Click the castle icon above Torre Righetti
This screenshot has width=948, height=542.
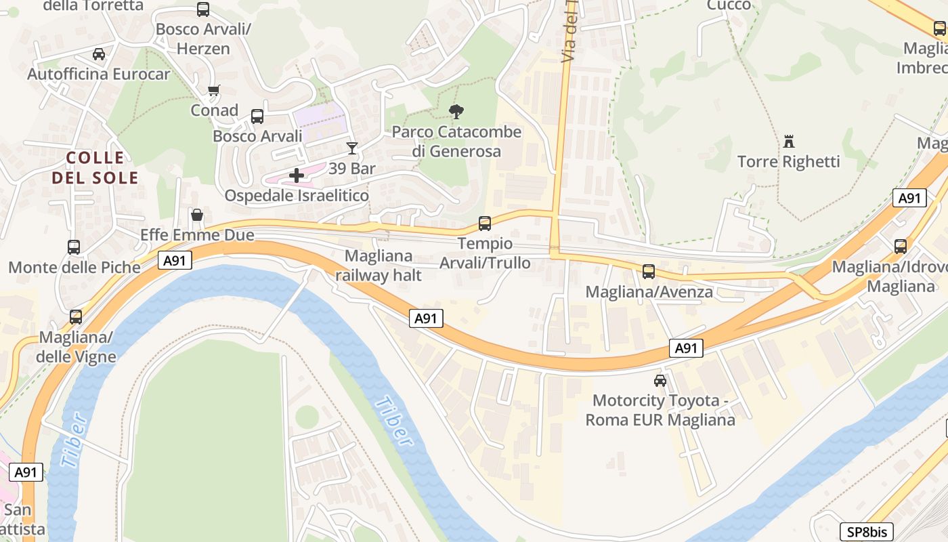click(x=788, y=142)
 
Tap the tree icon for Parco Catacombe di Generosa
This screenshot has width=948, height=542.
click(x=457, y=112)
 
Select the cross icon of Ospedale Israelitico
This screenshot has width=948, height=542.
click(x=297, y=175)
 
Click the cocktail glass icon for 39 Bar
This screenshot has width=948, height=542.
click(x=351, y=148)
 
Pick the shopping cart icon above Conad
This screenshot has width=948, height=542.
click(x=214, y=90)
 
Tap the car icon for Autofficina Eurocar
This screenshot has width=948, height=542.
click(x=99, y=54)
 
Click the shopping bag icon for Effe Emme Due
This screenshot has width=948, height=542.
click(x=197, y=215)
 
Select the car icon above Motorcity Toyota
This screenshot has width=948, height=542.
click(x=660, y=380)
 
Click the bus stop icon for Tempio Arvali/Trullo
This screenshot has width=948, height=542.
click(x=485, y=223)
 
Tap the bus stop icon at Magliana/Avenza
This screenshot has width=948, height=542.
click(x=649, y=272)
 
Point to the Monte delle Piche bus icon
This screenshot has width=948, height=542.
click(x=74, y=247)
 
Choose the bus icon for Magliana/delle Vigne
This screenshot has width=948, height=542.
click(x=76, y=316)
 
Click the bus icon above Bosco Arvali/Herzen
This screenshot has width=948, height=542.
click(x=203, y=9)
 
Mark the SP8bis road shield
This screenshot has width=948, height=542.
click(x=867, y=532)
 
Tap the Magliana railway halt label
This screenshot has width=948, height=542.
click(x=379, y=266)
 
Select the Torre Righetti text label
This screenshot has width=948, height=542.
click(x=788, y=162)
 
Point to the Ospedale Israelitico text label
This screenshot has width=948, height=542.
click(x=297, y=196)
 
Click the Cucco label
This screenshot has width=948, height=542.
click(x=729, y=5)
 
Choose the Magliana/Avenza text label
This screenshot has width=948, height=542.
click(x=649, y=292)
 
